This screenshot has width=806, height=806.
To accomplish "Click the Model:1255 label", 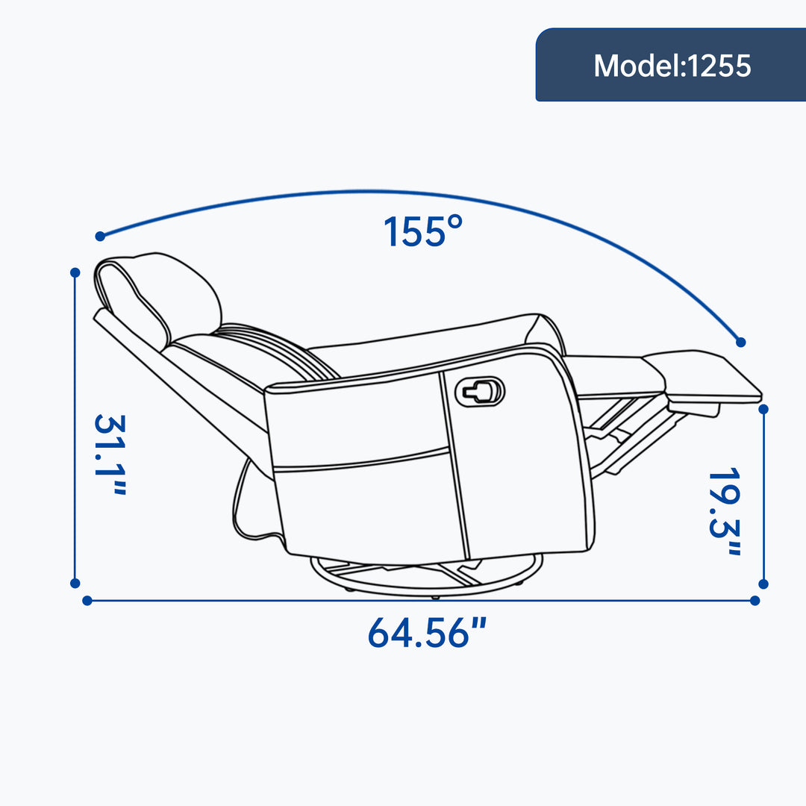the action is click(672, 66).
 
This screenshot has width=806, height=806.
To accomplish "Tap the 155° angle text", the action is click(423, 231).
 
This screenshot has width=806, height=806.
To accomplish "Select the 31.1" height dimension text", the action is click(110, 454).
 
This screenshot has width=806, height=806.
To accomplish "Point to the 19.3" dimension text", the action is click(724, 511).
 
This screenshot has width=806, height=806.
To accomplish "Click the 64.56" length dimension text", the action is click(427, 632).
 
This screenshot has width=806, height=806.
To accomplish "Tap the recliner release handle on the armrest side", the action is click(480, 392).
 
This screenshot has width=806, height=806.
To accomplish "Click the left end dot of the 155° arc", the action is click(100, 237).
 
